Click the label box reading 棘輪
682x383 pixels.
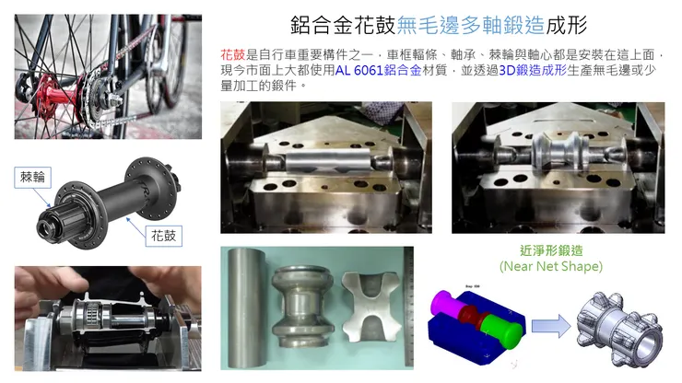tap(32, 178)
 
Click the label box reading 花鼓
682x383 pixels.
tap(163, 236)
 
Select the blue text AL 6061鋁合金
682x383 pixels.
tap(378, 70)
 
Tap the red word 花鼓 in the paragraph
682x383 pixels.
tap(232, 54)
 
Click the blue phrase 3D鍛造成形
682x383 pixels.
tap(533, 70)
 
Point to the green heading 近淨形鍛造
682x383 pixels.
tap(551, 250)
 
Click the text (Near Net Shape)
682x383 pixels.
tap(551, 266)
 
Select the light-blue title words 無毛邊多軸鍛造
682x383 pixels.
tap(470, 25)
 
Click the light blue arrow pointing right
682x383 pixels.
tap(551, 326)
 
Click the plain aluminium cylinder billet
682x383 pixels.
tap(245, 308)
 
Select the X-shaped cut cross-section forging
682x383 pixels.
tap(371, 308)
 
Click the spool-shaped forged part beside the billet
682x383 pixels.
tap(302, 307)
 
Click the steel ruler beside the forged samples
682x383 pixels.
tap(408, 308)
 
